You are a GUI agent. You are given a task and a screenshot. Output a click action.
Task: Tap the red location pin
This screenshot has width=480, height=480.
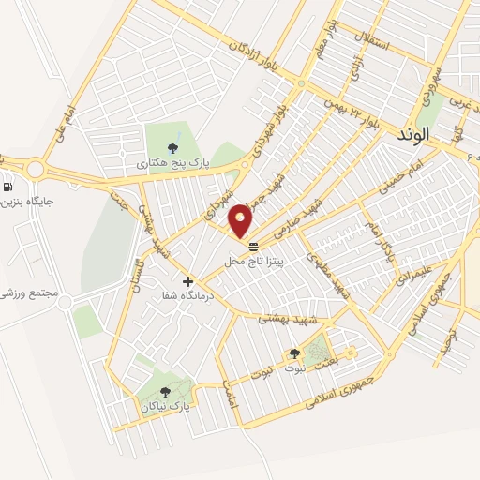241,220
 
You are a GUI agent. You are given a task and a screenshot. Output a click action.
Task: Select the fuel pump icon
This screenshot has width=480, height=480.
8,186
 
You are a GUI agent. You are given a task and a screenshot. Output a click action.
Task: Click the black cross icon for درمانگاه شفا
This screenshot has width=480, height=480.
187,280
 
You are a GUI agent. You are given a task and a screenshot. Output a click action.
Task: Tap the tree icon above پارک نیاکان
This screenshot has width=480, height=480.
166,393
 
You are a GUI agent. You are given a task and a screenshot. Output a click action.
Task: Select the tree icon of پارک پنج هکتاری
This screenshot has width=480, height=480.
172,147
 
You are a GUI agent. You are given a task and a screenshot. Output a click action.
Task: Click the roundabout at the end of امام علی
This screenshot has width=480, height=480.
37,170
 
